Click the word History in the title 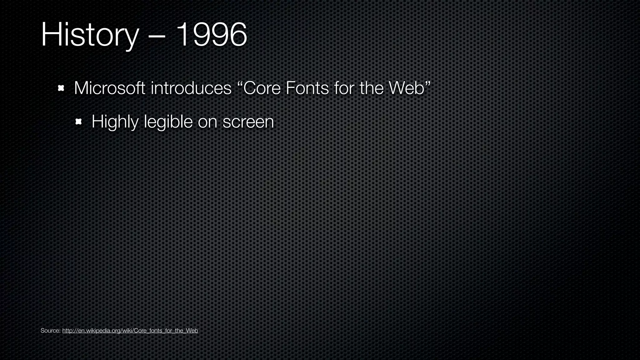tap(89, 35)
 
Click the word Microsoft tap(109, 88)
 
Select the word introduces tap(191, 88)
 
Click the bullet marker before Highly tap(78, 121)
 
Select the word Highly tap(115, 122)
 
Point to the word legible tap(168, 122)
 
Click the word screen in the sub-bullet tap(248, 122)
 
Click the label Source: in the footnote tap(50, 331)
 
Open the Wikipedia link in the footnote tap(130, 331)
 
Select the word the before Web tap(372, 88)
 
